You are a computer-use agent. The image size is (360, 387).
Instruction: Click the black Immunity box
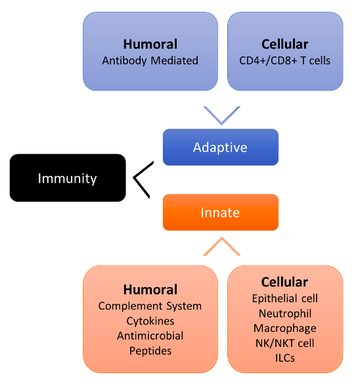(67, 178)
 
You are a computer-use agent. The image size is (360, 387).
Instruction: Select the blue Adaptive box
(220, 147)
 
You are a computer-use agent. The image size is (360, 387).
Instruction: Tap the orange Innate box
(220, 212)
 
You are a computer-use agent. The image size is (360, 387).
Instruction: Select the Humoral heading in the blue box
(150, 45)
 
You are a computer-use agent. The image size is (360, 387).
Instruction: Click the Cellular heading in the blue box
(284, 45)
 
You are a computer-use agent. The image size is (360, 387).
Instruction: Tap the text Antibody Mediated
(150, 60)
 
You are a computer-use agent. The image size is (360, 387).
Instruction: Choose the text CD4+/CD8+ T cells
(284, 60)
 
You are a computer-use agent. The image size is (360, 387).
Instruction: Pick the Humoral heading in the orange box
(150, 290)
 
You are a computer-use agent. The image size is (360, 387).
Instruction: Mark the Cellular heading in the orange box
(284, 282)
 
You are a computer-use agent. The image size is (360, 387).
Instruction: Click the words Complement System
(150, 306)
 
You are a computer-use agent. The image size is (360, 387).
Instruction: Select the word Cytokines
(150, 321)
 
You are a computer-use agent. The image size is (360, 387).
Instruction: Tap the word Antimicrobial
(150, 336)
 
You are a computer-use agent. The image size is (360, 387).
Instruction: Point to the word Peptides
(150, 351)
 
